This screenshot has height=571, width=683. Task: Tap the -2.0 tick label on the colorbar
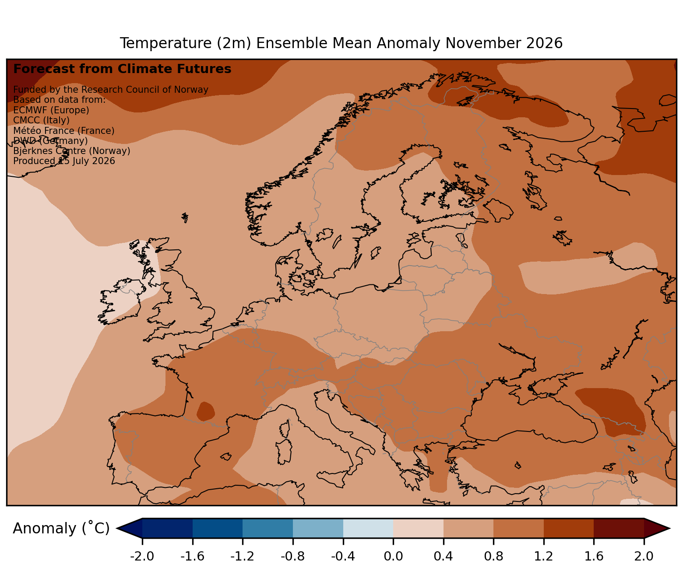(x=142, y=556)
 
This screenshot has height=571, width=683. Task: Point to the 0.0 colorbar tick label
(x=393, y=556)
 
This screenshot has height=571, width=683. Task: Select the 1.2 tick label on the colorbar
(x=544, y=556)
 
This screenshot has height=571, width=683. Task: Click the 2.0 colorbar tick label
(x=644, y=556)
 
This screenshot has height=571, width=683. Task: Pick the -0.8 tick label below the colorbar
(x=293, y=556)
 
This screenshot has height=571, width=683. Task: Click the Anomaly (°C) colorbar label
(x=61, y=529)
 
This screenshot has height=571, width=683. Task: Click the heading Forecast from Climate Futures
(x=122, y=69)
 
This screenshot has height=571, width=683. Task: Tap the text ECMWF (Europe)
(x=51, y=110)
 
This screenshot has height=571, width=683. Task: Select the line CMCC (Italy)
(x=41, y=120)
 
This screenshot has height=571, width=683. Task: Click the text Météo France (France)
(x=64, y=131)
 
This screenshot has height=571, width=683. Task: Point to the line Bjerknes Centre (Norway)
(x=72, y=151)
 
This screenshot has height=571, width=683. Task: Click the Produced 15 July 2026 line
(x=64, y=161)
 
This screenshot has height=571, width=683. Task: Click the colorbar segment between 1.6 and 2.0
(x=619, y=528)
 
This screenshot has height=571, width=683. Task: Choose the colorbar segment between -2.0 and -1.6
(x=168, y=528)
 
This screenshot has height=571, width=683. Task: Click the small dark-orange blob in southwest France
(x=205, y=411)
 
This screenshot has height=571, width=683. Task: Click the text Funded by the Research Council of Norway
(x=111, y=90)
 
